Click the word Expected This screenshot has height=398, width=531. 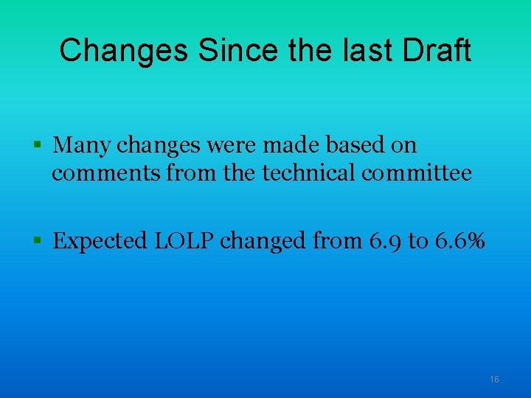point(100,241)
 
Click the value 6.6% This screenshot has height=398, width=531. point(459,240)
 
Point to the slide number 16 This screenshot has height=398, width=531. point(494,379)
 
